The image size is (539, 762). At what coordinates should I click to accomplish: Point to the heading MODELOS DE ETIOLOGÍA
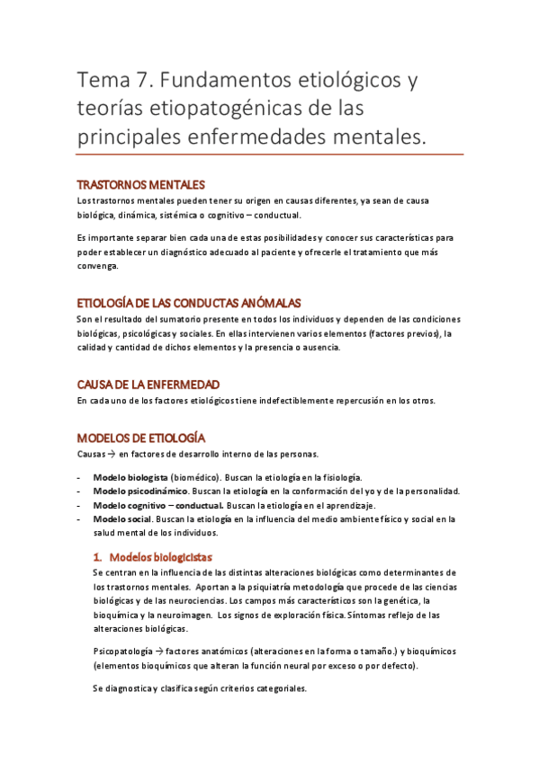tap(140, 439)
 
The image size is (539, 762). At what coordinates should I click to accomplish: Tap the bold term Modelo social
tap(123, 519)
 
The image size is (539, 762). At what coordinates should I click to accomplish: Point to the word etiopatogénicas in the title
tap(233, 111)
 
